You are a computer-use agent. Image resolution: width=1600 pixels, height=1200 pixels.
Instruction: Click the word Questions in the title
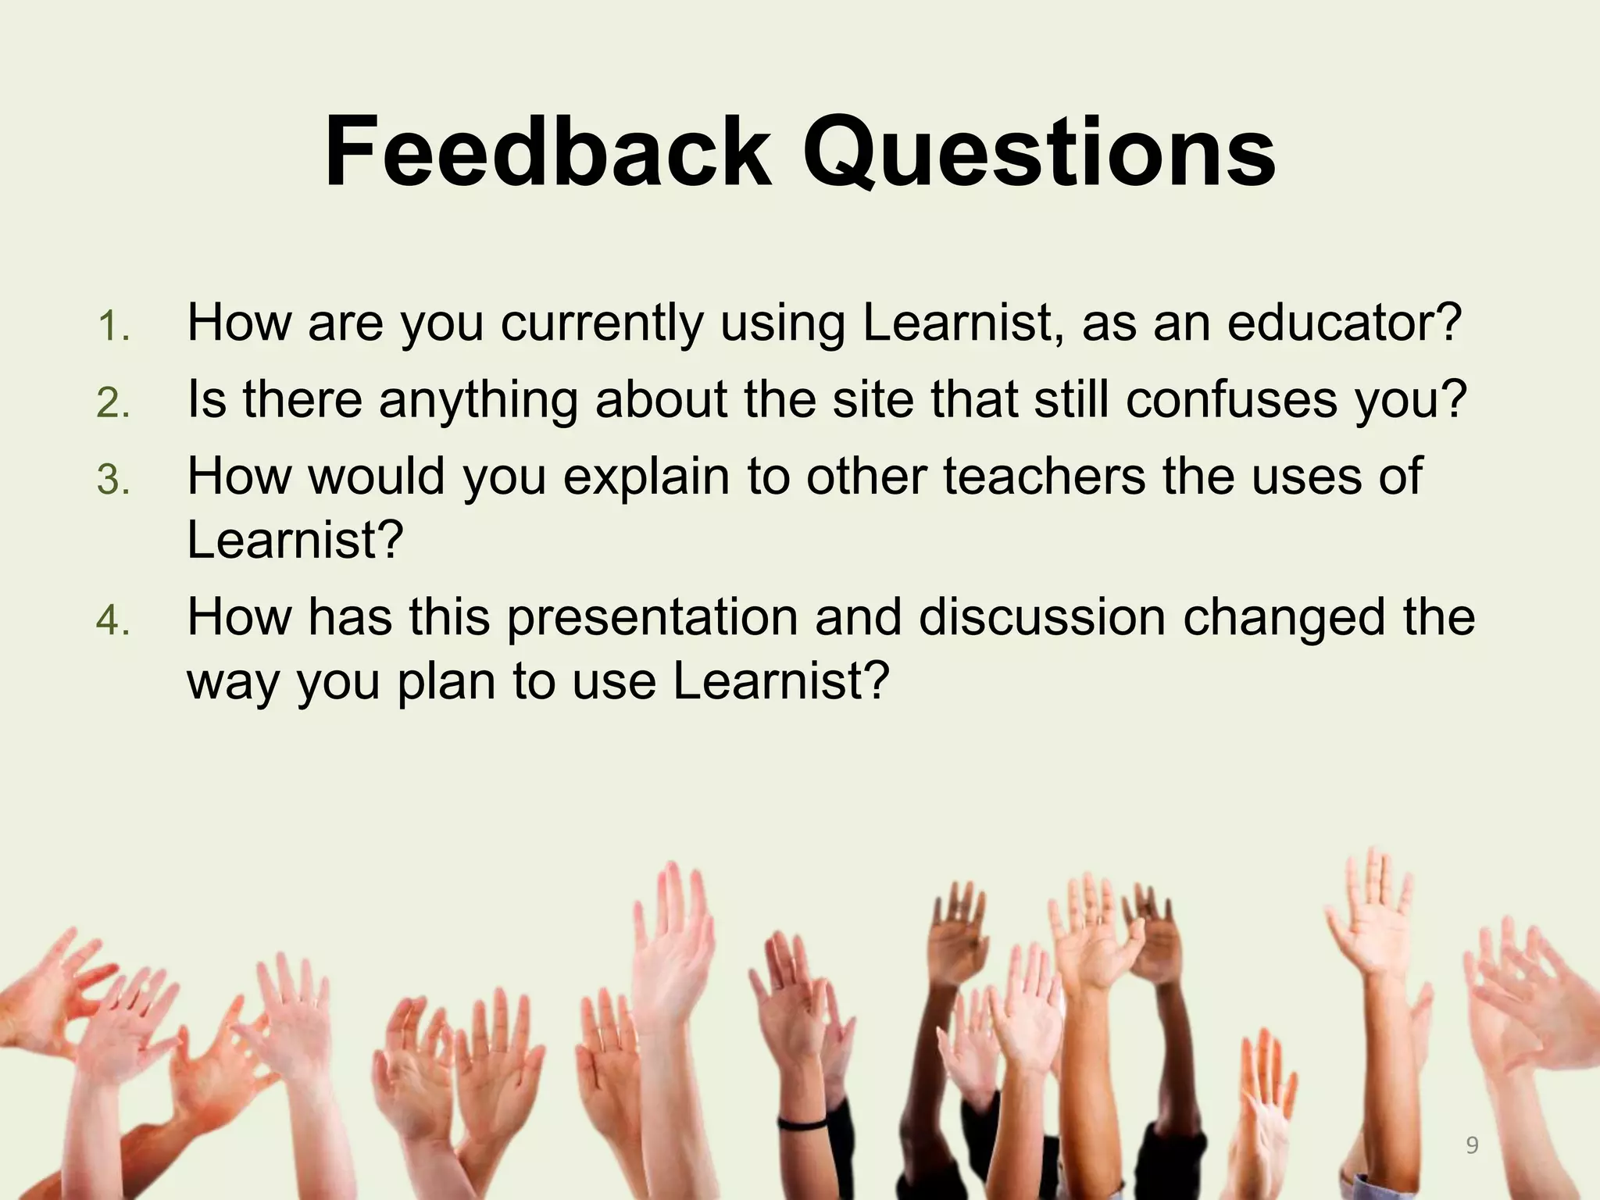tap(1039, 155)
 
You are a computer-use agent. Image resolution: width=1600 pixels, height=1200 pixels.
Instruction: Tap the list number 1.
tap(113, 327)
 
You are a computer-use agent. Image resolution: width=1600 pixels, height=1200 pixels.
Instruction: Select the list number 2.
tap(113, 403)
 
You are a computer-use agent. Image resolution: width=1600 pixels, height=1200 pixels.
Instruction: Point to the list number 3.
tap(113, 480)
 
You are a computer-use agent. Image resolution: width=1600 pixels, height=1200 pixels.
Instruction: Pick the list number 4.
tap(113, 621)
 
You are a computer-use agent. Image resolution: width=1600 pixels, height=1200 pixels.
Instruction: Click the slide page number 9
tap(1472, 1145)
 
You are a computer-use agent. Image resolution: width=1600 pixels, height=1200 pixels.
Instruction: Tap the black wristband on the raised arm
tap(803, 1123)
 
